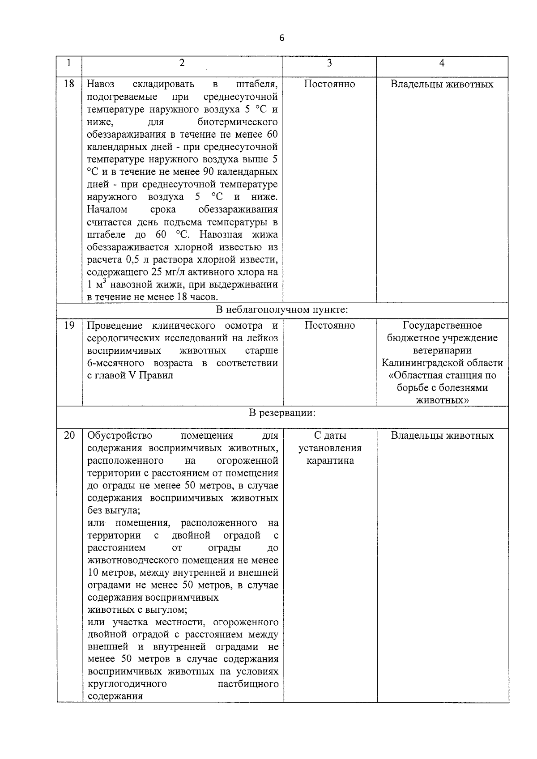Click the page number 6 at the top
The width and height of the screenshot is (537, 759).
coord(281,38)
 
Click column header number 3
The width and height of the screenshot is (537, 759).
coord(329,63)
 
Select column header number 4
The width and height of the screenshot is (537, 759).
coord(442,63)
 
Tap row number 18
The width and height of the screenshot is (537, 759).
coord(69,84)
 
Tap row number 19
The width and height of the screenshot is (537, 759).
coord(69,325)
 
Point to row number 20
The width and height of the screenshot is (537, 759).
coord(69,435)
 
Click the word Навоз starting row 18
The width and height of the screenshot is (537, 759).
coord(101,84)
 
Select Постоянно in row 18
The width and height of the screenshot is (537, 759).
coord(329,84)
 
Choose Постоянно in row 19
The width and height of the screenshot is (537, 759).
coord(329,326)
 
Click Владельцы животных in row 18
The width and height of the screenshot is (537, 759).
coord(442,84)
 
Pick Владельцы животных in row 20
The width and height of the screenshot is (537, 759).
coord(442,436)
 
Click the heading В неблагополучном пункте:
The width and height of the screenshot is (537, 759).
coord(282,310)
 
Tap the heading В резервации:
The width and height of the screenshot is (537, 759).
coord(282,413)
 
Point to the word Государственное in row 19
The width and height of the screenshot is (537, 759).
coord(442,325)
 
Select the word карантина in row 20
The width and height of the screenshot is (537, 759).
coord(330,461)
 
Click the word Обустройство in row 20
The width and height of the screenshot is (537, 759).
coord(119,436)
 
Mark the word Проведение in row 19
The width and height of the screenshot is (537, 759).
coord(115,326)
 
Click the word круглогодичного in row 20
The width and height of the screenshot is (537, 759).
coord(127,684)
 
